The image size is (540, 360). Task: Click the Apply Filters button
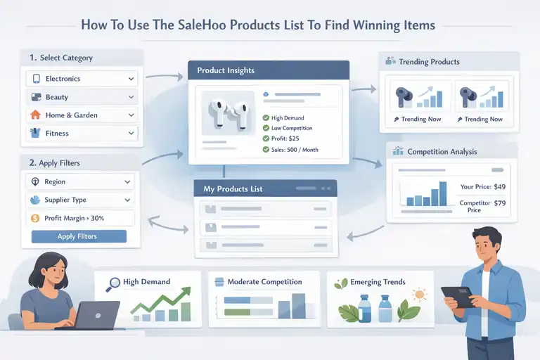click(x=79, y=236)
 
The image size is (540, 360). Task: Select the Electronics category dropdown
click(x=82, y=79)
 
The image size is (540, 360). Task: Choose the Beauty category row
click(x=82, y=97)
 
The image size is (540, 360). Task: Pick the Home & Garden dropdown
click(x=82, y=115)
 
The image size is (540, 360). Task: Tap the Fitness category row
click(x=82, y=132)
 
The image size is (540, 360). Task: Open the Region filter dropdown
click(x=79, y=181)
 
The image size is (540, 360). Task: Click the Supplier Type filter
click(x=79, y=200)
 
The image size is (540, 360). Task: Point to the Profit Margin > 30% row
click(x=79, y=219)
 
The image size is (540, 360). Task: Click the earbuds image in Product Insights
click(x=226, y=112)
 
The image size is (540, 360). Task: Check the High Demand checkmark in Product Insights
click(x=266, y=118)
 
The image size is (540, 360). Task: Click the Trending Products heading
click(x=429, y=62)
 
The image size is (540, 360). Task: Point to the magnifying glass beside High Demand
click(x=112, y=284)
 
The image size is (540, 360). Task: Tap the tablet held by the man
click(x=458, y=296)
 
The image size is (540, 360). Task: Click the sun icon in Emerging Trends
click(x=419, y=295)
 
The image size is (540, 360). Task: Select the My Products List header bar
click(x=266, y=188)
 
